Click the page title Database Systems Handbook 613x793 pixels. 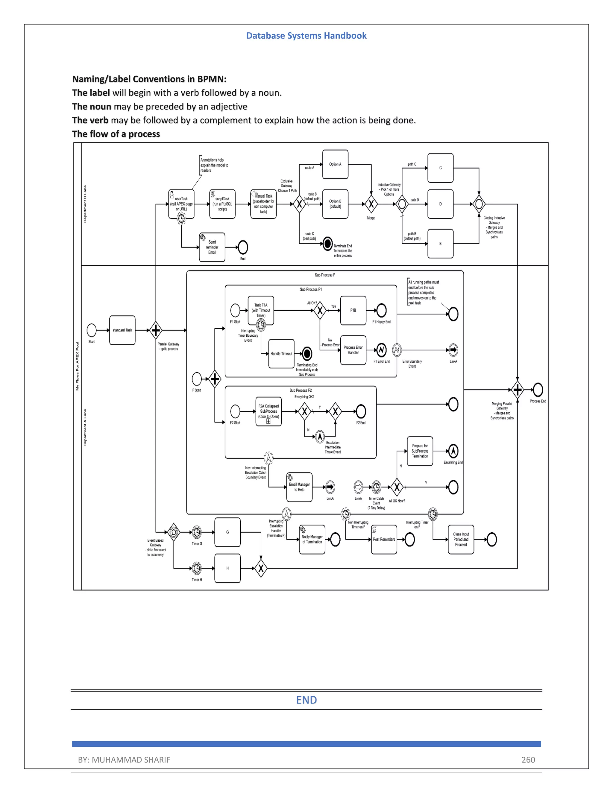(x=306, y=36)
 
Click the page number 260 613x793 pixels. (x=528, y=759)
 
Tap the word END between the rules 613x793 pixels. (x=306, y=700)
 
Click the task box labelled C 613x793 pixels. (x=440, y=168)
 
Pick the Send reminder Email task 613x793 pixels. (x=212, y=247)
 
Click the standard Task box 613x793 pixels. (x=122, y=330)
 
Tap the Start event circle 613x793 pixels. (x=92, y=330)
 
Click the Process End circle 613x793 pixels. (x=538, y=390)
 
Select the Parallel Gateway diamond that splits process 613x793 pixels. (x=156, y=330)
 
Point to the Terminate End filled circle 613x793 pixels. (x=327, y=243)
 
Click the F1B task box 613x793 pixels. (x=353, y=310)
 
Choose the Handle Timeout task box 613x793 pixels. (x=281, y=353)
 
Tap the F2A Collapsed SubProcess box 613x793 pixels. (x=268, y=411)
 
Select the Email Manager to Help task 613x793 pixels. (x=299, y=487)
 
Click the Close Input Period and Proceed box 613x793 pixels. (x=461, y=539)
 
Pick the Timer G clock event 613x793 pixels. (x=196, y=532)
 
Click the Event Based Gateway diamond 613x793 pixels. (x=174, y=532)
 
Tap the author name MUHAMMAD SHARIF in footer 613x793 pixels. (x=131, y=759)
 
